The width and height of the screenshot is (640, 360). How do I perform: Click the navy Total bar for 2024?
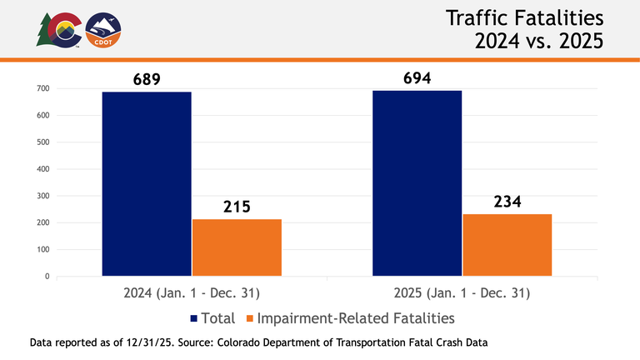[147, 183]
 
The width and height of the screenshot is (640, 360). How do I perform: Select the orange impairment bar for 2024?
[237, 247]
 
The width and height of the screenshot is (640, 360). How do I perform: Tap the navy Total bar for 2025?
[417, 182]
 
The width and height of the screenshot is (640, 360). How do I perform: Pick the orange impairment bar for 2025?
[507, 244]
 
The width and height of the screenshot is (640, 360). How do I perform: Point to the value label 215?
[237, 207]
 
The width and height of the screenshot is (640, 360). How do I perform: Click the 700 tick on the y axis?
[43, 88]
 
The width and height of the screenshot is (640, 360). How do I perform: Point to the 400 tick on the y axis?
[43, 169]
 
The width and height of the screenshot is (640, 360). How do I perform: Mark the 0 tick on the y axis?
[47, 277]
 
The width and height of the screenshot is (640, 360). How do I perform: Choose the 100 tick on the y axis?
[43, 249]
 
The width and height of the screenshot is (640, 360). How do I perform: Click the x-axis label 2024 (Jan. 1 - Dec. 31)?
[192, 293]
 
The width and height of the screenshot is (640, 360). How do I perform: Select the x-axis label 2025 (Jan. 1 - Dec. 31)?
[462, 293]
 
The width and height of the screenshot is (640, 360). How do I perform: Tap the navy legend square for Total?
[194, 318]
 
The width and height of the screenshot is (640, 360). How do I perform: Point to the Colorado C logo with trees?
[58, 30]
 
